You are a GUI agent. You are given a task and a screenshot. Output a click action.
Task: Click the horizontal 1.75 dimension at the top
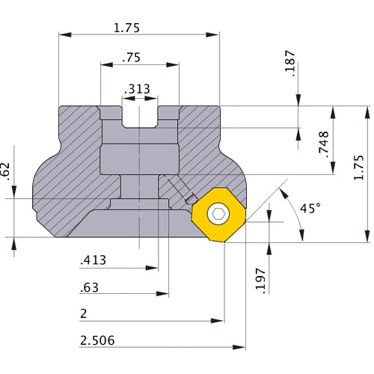(x=126, y=28)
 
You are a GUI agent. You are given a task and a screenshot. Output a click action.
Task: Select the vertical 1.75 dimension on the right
(x=359, y=168)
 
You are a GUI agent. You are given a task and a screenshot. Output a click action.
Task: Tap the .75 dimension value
(x=132, y=58)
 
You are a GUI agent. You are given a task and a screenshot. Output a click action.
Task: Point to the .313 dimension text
(x=137, y=89)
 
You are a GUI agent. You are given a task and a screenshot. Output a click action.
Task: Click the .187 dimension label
(x=290, y=64)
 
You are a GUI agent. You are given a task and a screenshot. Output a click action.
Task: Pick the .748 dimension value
(x=324, y=144)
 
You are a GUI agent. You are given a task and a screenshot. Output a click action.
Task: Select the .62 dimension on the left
(x=5, y=171)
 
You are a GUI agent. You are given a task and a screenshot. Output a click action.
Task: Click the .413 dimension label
(x=93, y=260)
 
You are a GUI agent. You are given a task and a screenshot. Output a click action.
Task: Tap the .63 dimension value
(x=89, y=287)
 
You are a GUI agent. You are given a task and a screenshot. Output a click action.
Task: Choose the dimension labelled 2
(x=84, y=313)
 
